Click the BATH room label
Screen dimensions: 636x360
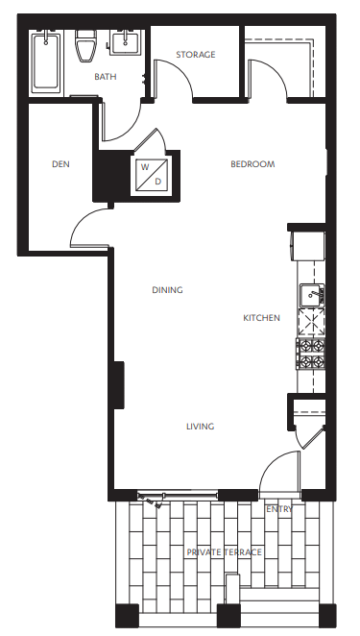click(x=106, y=76)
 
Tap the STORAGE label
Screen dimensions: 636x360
click(x=196, y=55)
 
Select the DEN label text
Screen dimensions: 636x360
click(x=60, y=164)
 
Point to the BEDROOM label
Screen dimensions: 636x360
click(x=252, y=164)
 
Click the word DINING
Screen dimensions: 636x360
click(x=167, y=289)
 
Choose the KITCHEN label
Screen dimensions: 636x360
click(x=261, y=318)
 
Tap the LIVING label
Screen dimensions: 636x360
click(x=200, y=427)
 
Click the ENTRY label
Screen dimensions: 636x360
click(x=279, y=509)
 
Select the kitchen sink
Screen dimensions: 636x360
click(x=311, y=296)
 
